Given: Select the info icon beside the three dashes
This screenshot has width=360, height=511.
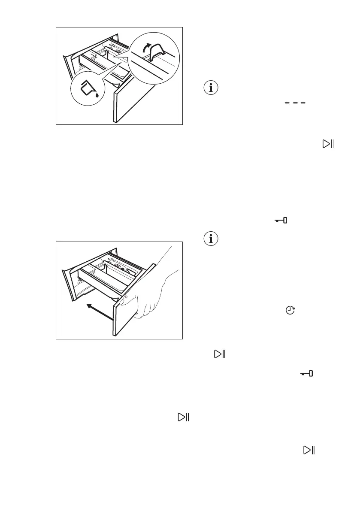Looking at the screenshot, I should tap(210, 88).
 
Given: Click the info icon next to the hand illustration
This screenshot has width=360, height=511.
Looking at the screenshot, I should tap(210, 239).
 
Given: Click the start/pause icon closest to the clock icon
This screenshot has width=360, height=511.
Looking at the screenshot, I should tap(220, 354).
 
